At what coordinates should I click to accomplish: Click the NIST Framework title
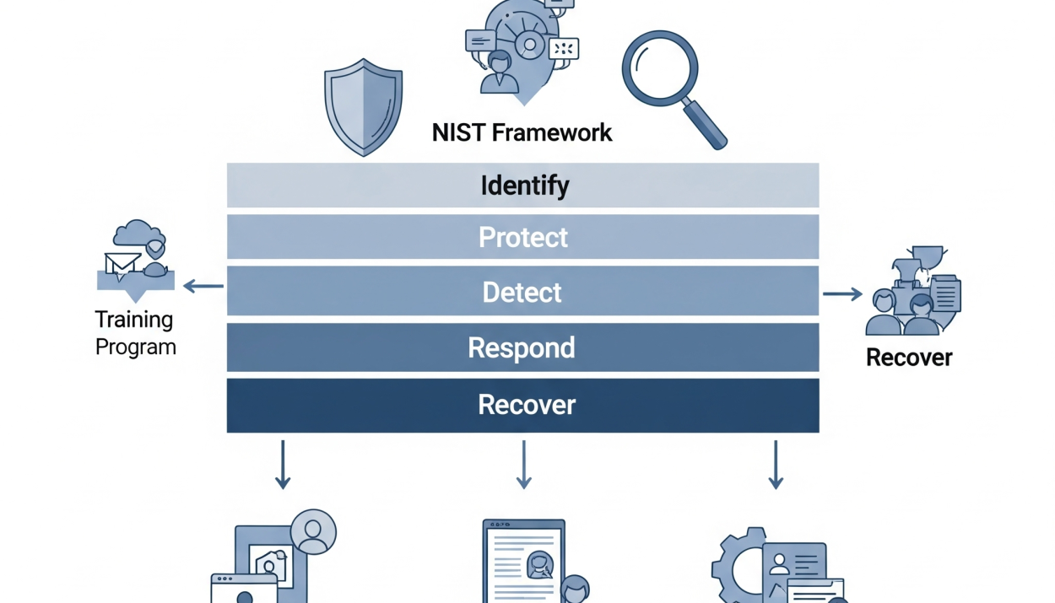pos(522,132)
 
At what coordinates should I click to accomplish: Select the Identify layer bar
pos(523,186)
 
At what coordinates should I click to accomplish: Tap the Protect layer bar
pos(523,237)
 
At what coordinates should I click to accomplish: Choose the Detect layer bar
pos(523,292)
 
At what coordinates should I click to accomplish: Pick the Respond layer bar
pos(523,347)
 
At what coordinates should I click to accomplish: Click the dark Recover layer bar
pos(523,405)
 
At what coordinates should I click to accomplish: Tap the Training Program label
pos(135,333)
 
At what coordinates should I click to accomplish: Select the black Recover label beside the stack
pos(909,358)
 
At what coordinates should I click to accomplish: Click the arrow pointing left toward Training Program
pos(203,287)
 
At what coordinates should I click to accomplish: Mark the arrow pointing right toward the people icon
pos(842,293)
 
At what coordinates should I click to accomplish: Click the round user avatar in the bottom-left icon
pos(313,531)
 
